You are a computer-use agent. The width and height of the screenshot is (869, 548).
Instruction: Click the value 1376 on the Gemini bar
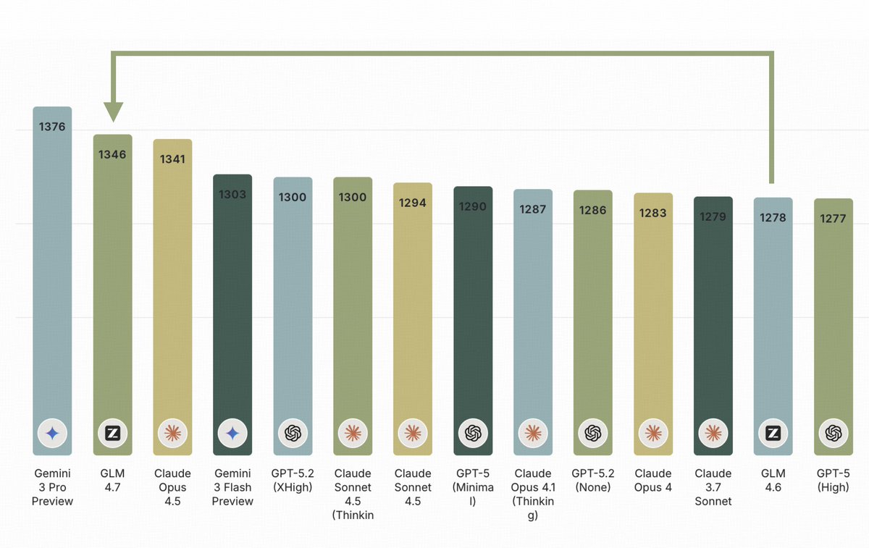coord(52,127)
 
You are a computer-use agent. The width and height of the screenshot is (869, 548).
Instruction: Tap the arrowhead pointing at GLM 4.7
coord(113,112)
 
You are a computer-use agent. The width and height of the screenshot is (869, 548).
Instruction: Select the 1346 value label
coord(112,154)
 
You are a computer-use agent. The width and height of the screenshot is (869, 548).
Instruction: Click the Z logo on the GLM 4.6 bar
coord(773,433)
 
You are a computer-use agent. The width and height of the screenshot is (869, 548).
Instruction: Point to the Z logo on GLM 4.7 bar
coord(112,433)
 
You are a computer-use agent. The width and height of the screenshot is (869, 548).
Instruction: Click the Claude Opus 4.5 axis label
coord(172,487)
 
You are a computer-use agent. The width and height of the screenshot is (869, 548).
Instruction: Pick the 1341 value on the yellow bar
coord(172,159)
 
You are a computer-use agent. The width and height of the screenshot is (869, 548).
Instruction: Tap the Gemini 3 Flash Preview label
coord(232,487)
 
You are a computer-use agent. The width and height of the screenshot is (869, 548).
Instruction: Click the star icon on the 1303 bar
coord(232,433)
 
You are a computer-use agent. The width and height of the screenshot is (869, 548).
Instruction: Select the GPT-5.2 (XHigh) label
coord(293,481)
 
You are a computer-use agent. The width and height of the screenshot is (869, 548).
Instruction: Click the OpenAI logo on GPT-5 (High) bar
coord(833,433)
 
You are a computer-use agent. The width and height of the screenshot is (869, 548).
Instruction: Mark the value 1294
coord(413,203)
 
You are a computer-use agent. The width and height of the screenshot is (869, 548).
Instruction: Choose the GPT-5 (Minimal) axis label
coord(473,487)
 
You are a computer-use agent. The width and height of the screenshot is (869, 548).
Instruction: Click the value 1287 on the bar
coord(533,209)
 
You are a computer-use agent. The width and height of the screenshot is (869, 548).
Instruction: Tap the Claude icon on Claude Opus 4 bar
coord(653,433)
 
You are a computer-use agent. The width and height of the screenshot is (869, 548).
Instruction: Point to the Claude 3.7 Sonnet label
coord(713,487)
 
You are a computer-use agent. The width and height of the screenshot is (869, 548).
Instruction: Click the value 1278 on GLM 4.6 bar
coord(773,217)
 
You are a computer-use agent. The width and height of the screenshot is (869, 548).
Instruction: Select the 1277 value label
coord(833,219)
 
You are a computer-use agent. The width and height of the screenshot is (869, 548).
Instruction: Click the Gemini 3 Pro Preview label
coord(52,487)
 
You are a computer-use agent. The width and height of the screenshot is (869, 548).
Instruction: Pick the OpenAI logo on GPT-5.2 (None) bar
coord(593,433)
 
